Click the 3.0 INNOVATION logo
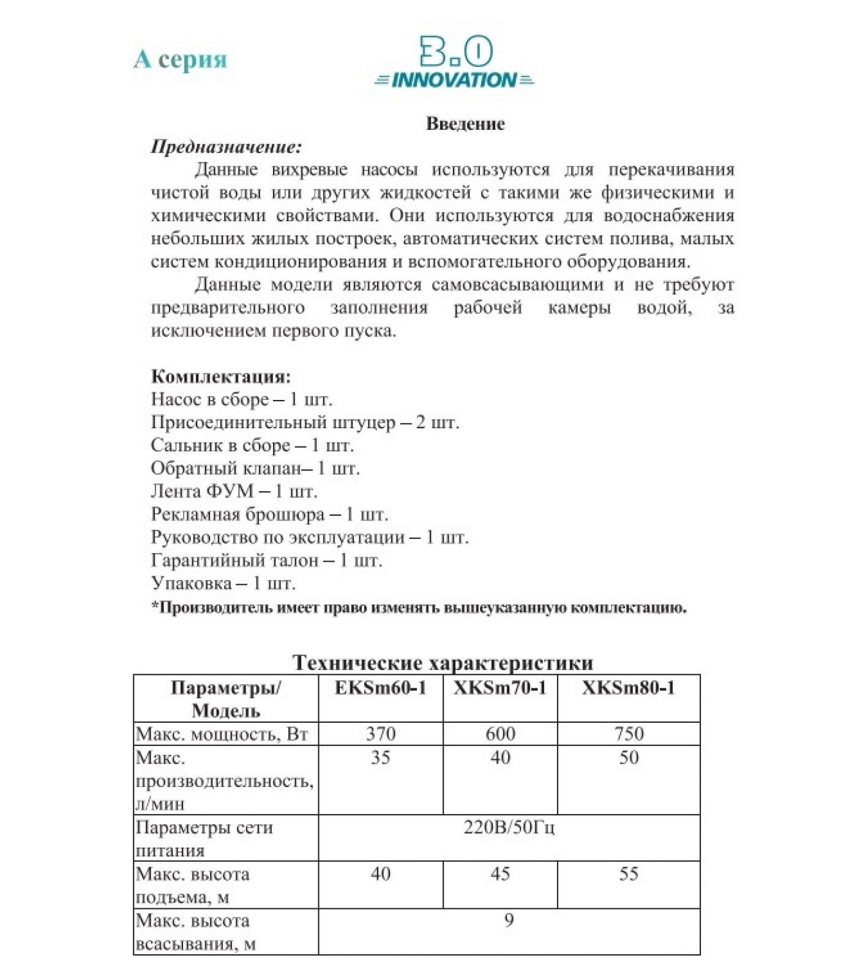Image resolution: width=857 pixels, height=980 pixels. pos(454,63)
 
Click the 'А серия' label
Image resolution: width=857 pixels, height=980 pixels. pos(180,59)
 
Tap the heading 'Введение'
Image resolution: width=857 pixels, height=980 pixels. pos(465,124)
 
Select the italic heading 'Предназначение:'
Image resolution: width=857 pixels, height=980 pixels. pos(226,147)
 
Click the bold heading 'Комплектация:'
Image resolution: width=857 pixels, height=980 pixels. pos(221,376)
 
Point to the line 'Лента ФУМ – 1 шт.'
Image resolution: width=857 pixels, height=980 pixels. pos(234,491)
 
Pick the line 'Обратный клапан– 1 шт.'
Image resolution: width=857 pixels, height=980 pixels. pos(255,469)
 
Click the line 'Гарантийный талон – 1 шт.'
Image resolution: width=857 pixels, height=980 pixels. pos(266,560)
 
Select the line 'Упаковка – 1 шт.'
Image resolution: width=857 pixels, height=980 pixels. pos(223,583)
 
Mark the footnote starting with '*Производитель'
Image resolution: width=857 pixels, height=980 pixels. pos(419,608)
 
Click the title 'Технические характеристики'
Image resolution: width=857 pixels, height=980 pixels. pos(443,663)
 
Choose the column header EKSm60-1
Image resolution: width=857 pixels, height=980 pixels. pos(380,688)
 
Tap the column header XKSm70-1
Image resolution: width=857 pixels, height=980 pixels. pos(500,688)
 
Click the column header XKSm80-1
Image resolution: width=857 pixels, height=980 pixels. pos(628,688)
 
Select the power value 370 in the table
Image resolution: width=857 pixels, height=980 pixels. pos(380,734)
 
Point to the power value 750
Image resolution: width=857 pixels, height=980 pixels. pos(629,734)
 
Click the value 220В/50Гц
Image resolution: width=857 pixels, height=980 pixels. pos(509,828)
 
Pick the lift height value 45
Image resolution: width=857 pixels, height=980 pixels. pos(500,874)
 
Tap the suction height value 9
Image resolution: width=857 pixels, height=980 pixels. pos(509,921)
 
